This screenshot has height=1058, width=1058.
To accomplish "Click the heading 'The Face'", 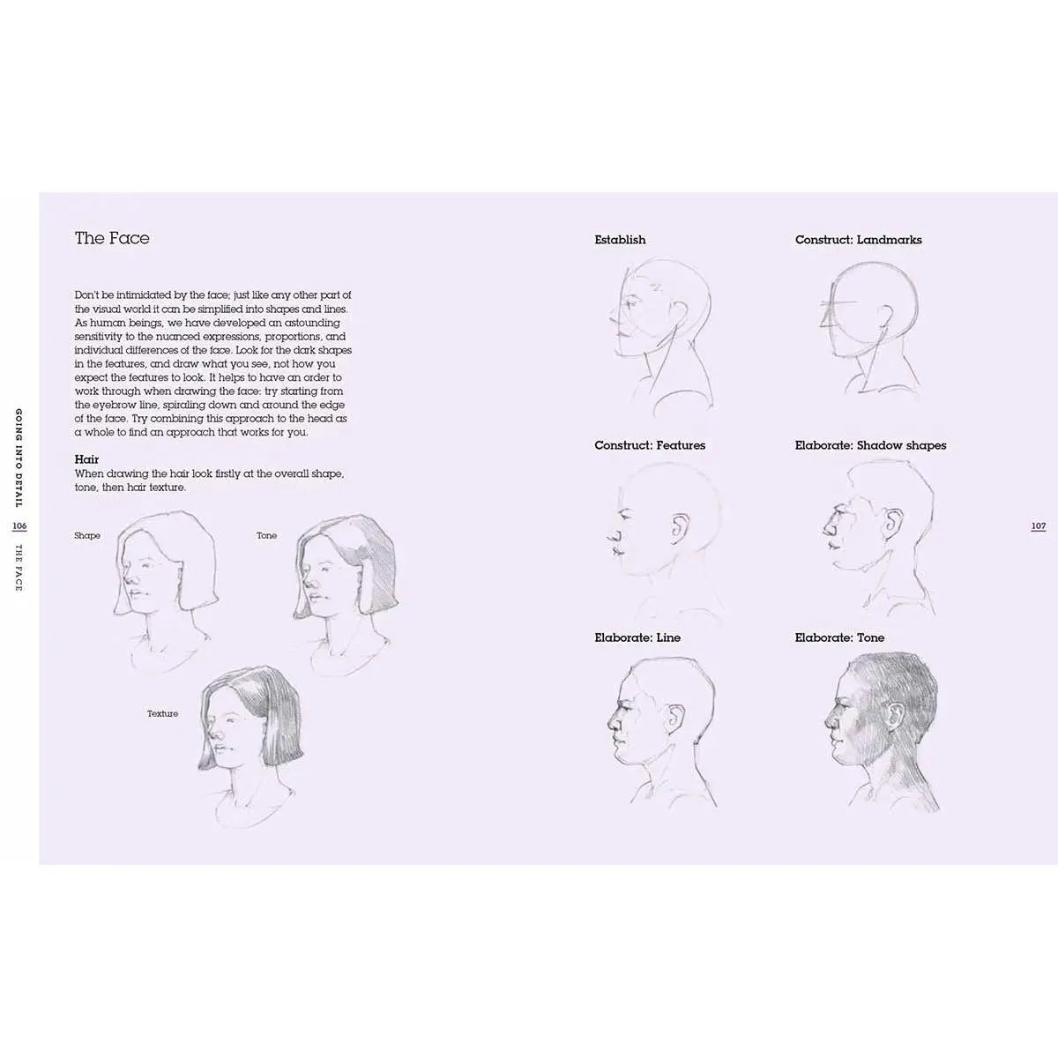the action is [112, 238].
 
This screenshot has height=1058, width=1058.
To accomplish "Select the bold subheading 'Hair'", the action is [86, 459].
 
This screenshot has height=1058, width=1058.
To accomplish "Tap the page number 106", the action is [19, 526].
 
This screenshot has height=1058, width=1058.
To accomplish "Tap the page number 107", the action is [1039, 526].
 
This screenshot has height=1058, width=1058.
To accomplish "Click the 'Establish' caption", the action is [620, 240].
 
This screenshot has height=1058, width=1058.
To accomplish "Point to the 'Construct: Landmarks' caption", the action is [858, 240].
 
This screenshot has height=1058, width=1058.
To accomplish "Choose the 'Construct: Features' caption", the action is [650, 445].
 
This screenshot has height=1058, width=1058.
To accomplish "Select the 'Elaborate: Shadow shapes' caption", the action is [870, 445].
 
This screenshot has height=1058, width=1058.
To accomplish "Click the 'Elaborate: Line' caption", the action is [637, 637].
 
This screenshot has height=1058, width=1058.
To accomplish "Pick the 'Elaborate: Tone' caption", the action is [839, 637].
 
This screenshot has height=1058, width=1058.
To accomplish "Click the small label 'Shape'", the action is [87, 535].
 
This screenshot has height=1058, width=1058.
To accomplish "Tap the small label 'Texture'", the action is [162, 714].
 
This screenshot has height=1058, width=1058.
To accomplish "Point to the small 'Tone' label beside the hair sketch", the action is [267, 535].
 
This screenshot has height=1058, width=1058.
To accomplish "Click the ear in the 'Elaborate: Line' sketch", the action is [675, 719].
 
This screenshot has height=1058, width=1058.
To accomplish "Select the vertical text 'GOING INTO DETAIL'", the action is [19, 458].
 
